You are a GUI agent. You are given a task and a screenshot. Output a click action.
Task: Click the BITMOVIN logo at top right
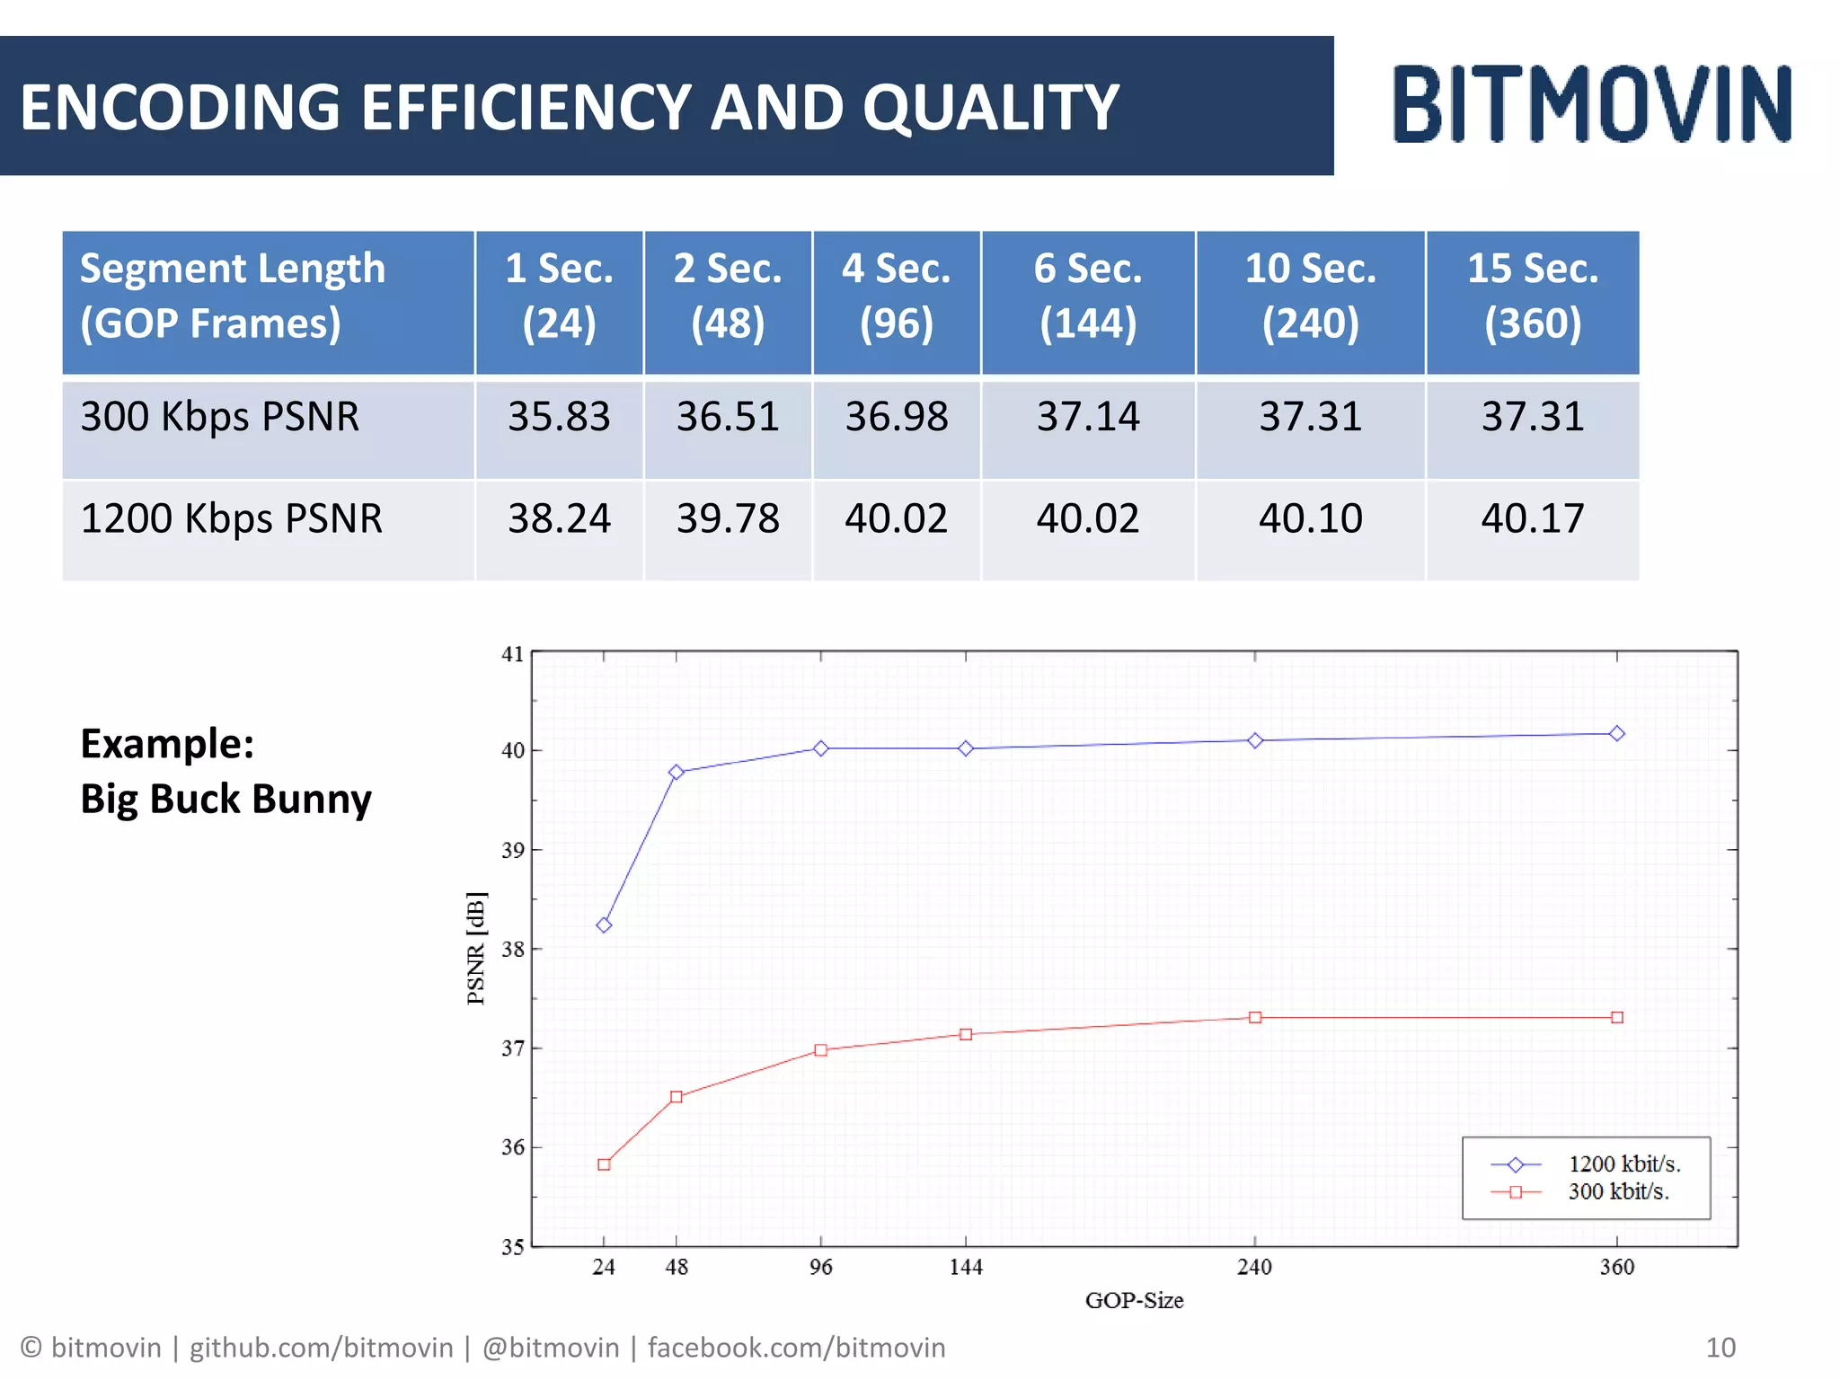[1592, 104]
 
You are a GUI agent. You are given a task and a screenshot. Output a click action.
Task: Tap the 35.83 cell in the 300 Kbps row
[559, 417]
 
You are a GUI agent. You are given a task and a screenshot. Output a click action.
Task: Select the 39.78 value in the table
[728, 518]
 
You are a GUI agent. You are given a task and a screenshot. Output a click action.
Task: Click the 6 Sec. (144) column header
[1087, 296]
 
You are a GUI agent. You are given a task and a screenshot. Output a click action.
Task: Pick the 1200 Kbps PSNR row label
[232, 518]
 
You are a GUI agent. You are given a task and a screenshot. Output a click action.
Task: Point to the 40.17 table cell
[1532, 518]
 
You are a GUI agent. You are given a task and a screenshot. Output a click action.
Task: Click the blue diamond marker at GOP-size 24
[604, 925]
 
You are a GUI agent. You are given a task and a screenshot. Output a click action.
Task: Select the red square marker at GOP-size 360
[1617, 1017]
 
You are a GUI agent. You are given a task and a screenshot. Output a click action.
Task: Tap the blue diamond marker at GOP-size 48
[677, 772]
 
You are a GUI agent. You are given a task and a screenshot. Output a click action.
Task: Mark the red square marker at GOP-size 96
[820, 1049]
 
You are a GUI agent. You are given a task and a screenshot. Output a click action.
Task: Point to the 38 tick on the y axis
[512, 950]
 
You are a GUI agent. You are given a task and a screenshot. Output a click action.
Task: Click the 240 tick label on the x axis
[1254, 1267]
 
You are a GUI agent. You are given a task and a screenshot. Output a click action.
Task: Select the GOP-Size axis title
[1134, 1300]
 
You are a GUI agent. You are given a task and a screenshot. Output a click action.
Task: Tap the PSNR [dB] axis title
[476, 948]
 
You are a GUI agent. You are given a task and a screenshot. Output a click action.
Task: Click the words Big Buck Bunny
[226, 799]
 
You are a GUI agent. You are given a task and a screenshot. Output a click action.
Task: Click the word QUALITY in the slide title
[991, 108]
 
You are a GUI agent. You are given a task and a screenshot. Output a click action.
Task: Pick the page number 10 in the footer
[1721, 1348]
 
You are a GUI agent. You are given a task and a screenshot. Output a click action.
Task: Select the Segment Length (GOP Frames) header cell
[234, 296]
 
